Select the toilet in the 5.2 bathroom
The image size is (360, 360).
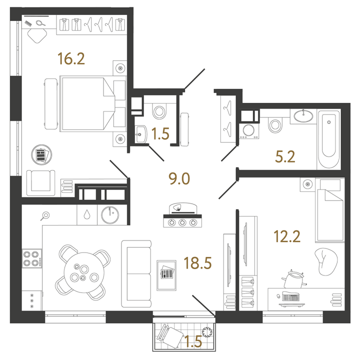click(x=274, y=124)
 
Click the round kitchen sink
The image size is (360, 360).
click(x=109, y=215)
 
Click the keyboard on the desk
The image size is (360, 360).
click(x=292, y=297)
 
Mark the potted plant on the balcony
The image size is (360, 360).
click(x=206, y=330)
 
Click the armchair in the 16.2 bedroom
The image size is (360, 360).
click(x=41, y=181)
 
